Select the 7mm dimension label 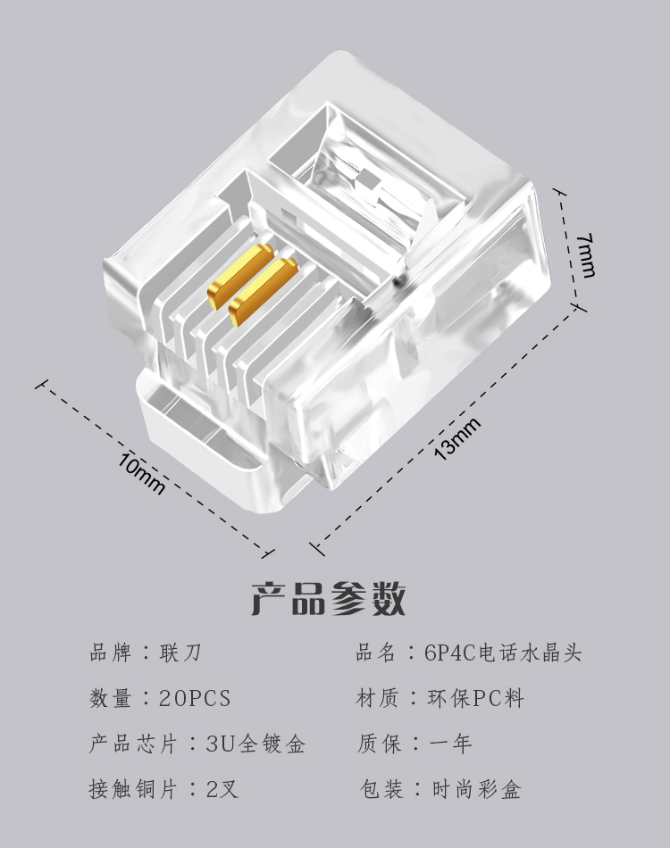[x=585, y=254]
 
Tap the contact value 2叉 [x=223, y=789]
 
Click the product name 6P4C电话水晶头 [x=503, y=653]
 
